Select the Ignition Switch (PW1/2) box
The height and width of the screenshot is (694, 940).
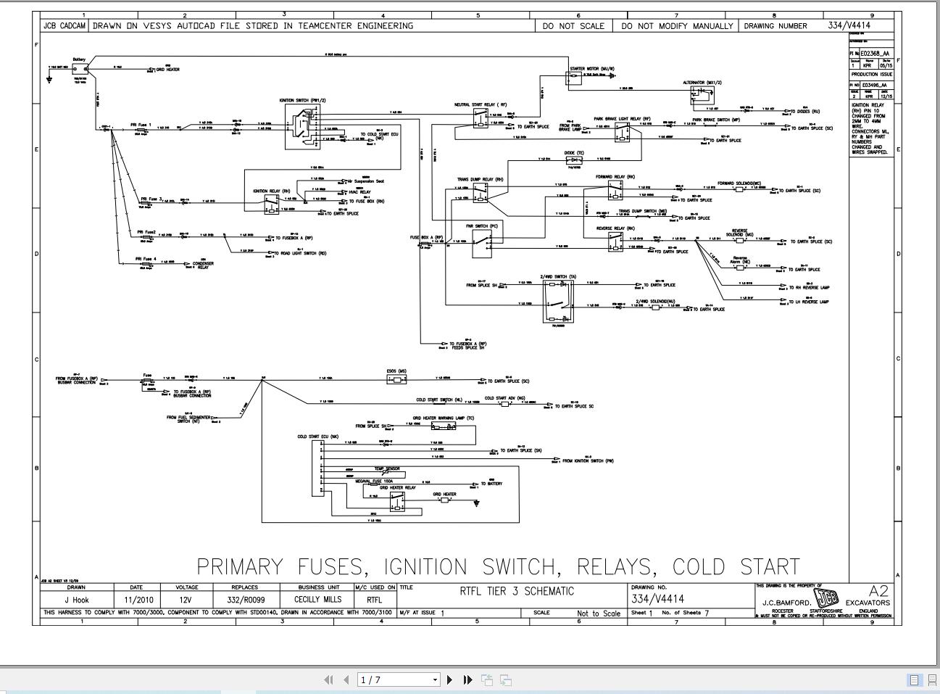pos(303,126)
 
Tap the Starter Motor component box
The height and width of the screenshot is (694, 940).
pos(574,78)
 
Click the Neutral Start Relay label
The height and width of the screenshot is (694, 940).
pos(481,105)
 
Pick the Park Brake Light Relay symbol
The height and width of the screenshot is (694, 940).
pos(623,132)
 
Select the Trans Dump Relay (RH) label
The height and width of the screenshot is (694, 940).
pos(480,179)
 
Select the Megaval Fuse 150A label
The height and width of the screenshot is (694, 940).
pos(374,481)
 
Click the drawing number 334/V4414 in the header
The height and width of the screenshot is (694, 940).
pos(849,25)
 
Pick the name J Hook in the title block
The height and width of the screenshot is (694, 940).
pos(76,600)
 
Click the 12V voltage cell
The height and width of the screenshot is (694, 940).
pos(186,600)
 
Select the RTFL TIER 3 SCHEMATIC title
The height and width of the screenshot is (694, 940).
pos(516,591)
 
